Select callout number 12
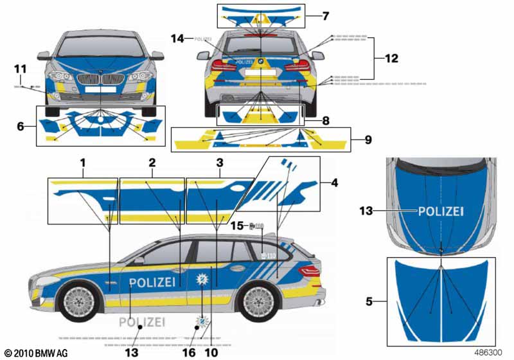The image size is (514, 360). [x=391, y=59]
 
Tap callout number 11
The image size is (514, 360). [x=20, y=68]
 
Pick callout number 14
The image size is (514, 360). [x=178, y=39]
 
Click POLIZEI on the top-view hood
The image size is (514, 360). [x=441, y=211]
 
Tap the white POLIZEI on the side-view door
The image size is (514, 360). [x=152, y=282]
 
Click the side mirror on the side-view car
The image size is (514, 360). [x=139, y=260]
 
